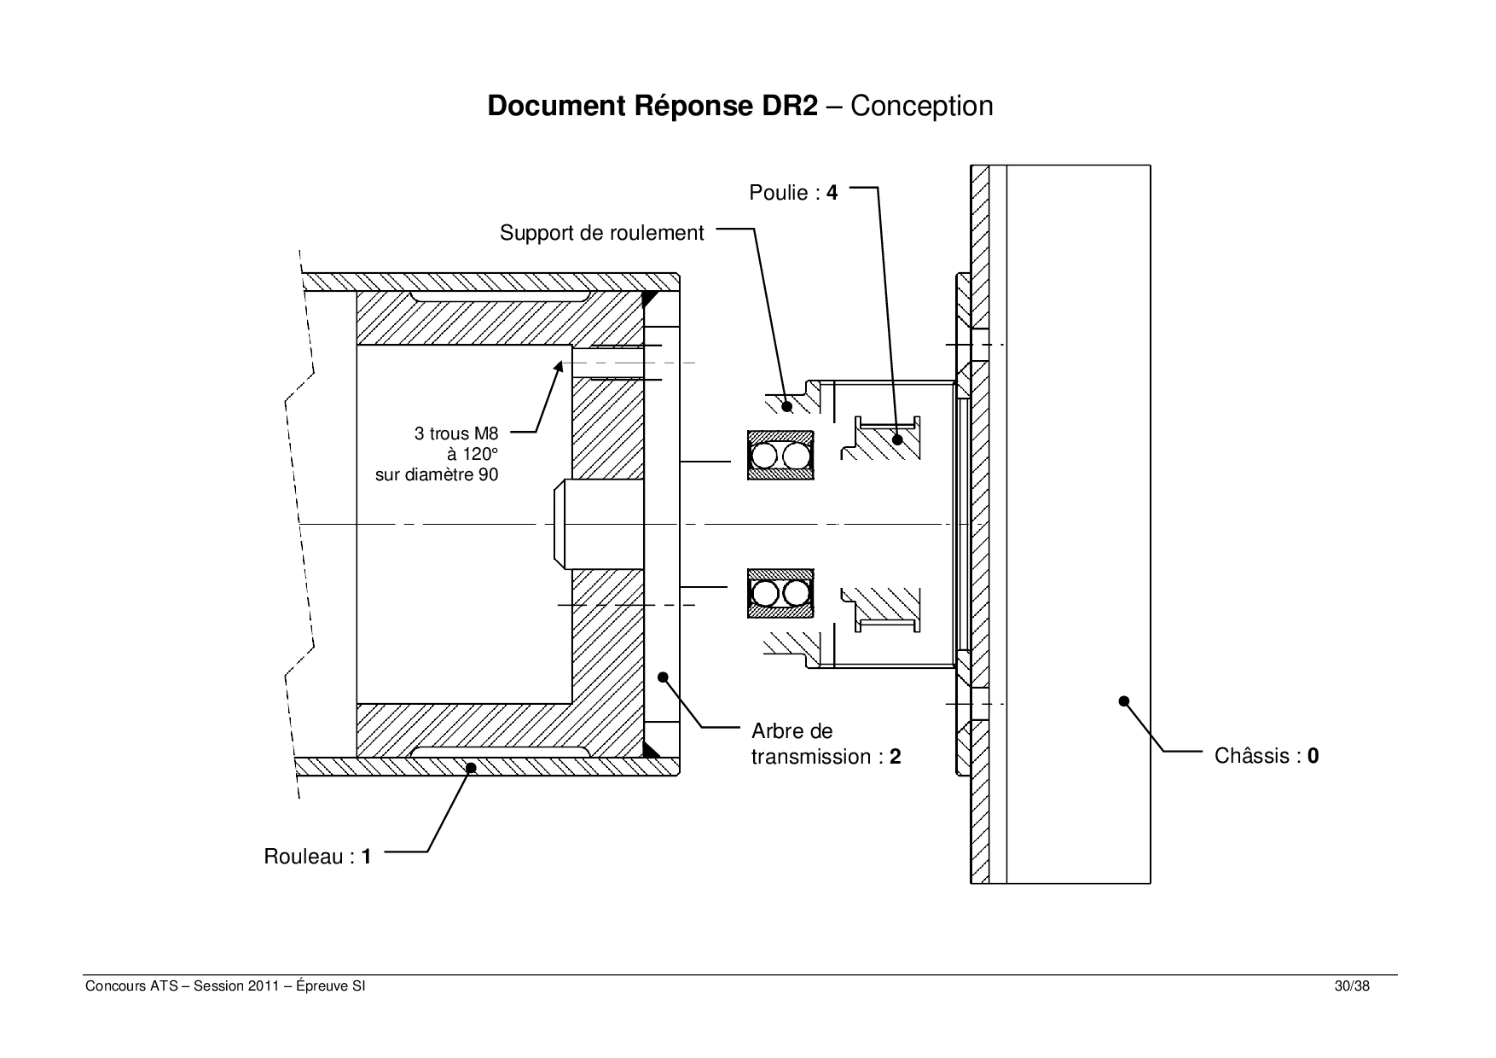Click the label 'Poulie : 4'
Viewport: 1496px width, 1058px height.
(793, 193)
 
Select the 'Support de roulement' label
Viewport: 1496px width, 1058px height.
(602, 233)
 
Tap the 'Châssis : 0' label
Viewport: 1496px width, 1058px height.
(1266, 756)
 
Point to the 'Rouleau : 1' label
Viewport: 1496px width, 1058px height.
(317, 857)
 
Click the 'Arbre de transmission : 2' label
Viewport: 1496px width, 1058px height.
(826, 744)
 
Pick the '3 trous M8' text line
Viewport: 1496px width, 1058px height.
(456, 433)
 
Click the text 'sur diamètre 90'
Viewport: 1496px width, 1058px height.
(437, 474)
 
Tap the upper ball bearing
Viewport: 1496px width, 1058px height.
(780, 456)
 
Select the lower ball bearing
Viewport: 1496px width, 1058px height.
(780, 593)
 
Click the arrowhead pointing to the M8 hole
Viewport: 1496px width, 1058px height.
(559, 366)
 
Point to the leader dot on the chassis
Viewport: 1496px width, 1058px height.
(1124, 701)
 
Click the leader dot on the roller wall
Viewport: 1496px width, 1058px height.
(470, 768)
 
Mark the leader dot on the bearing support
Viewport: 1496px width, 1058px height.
(786, 407)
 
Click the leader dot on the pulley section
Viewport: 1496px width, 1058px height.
(897, 440)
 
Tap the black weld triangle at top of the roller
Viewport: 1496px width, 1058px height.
(651, 299)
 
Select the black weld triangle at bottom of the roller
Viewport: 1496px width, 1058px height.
(651, 749)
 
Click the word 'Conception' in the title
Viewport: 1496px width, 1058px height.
(922, 106)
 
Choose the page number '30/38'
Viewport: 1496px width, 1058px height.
(1353, 986)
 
